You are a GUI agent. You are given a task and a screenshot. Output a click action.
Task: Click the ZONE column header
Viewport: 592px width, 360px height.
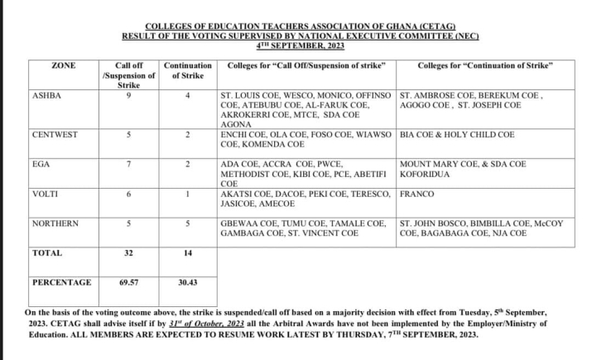(63, 65)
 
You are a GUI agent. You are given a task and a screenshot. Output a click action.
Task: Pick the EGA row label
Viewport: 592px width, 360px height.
(41, 164)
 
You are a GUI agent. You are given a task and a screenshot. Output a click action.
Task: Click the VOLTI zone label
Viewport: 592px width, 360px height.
(44, 194)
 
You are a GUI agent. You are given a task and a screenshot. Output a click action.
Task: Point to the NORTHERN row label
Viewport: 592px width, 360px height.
(55, 223)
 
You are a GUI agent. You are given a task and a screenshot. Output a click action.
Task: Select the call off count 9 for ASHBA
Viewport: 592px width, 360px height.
(128, 96)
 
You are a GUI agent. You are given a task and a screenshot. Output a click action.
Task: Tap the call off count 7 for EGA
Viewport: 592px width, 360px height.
(128, 164)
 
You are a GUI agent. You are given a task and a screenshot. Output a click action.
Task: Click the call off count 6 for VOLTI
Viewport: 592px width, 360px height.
(128, 194)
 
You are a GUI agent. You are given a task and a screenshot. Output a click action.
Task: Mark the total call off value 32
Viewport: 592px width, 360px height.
(128, 253)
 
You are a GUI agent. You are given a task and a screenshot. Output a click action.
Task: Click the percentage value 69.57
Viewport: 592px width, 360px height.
(128, 282)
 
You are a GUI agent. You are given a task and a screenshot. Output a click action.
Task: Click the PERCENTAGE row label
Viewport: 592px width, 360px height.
(62, 282)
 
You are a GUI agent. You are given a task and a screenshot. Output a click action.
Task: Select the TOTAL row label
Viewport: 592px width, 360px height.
(47, 253)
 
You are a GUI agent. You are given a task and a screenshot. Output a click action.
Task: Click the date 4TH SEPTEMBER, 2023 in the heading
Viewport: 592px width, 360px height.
(300, 46)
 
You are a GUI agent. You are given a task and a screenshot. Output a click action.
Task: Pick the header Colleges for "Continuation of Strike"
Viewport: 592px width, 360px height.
(485, 65)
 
